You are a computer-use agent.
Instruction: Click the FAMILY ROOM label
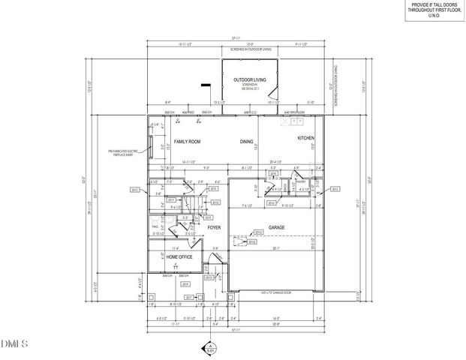tap(188, 142)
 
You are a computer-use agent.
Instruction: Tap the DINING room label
tap(246, 142)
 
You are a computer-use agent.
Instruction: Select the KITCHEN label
tap(306, 139)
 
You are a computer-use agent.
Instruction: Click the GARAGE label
tap(278, 226)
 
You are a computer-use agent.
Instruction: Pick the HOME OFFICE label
tap(175, 257)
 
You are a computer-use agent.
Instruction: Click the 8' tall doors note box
tap(434, 10)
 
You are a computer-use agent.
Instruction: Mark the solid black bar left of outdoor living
tap(203, 86)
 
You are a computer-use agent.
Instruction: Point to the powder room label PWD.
tap(155, 225)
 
